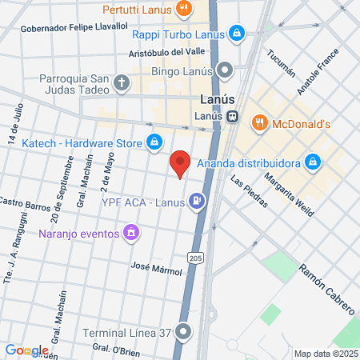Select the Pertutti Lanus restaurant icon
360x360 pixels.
tap(184, 10)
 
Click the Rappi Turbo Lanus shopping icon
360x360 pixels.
tap(236, 33)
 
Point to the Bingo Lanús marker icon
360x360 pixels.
tap(226, 70)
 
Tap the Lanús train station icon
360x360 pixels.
tap(232, 116)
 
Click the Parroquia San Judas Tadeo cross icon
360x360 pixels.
tap(121, 82)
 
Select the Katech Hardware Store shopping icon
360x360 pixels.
tap(154, 143)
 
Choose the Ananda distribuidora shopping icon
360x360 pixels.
tap(314, 162)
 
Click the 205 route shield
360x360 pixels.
tap(196, 257)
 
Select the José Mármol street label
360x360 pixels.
tap(157, 270)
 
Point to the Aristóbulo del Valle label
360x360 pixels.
tap(166, 54)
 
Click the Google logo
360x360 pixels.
tap(26, 350)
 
